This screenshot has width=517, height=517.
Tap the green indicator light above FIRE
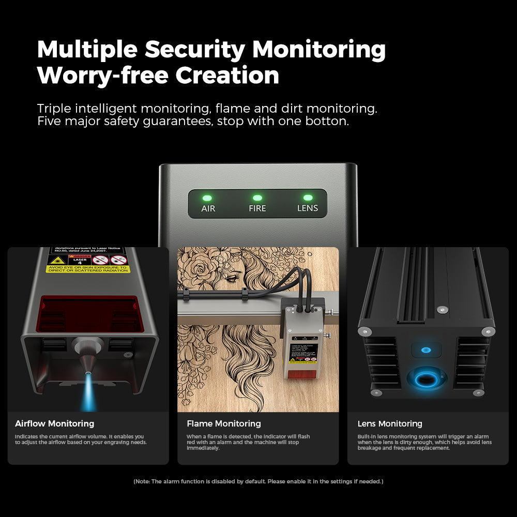[x=257, y=197]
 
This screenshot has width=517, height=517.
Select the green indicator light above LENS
[x=308, y=197]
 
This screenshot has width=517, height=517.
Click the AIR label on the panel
[x=208, y=209]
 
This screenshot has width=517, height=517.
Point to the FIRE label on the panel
[x=257, y=209]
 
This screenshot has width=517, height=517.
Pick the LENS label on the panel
[x=308, y=209]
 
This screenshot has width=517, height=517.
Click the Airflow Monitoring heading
[x=54, y=424]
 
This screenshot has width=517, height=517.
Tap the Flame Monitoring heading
[x=224, y=424]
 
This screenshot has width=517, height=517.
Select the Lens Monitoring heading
[x=390, y=424]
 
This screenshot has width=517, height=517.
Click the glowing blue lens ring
[x=425, y=381]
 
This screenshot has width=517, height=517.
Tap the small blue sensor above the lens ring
[x=426, y=350]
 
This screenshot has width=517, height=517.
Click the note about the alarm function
[x=258, y=481]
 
